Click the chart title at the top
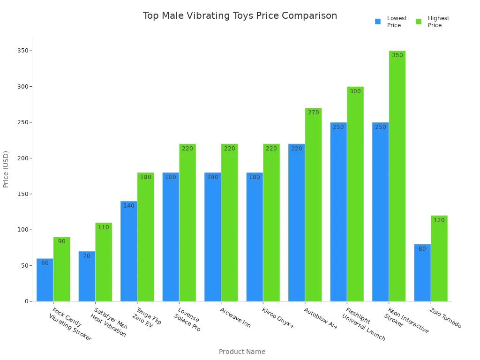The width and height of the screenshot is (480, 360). tap(240, 16)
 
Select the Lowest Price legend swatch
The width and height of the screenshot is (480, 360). tap(378, 22)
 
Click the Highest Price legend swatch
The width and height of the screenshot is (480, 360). tap(419, 22)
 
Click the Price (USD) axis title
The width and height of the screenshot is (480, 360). tap(6, 169)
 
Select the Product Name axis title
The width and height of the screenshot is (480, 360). tap(242, 352)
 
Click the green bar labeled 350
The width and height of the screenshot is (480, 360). tap(397, 176)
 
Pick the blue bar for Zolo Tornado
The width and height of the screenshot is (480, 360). tap(422, 273)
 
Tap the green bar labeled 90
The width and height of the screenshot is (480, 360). tap(61, 269)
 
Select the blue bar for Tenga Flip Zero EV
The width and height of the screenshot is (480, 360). tap(128, 251)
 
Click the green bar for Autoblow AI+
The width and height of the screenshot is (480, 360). tap(313, 205)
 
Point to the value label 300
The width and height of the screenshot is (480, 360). tap(355, 91)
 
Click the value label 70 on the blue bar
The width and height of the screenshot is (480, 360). tap(87, 256)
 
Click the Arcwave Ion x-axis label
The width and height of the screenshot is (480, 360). tap(235, 318)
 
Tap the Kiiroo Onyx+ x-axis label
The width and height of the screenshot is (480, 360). tap(277, 318)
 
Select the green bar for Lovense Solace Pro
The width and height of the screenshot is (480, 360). tap(187, 223)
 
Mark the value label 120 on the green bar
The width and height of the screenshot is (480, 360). tap(439, 220)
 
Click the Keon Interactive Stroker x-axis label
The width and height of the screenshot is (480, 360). tap(406, 321)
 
